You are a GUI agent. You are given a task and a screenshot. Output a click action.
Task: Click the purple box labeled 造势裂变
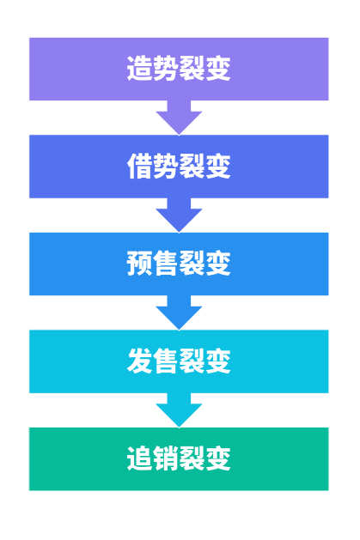179,69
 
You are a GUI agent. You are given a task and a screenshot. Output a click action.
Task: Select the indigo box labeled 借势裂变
179,167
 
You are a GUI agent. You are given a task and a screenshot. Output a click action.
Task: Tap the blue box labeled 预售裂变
179,264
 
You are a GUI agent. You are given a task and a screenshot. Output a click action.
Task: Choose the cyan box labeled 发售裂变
179,361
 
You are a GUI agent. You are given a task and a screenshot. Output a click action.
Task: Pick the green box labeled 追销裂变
179,458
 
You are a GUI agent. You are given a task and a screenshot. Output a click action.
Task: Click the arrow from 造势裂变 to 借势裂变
179,118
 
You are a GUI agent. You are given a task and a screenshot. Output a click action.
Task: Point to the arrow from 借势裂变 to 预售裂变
179,215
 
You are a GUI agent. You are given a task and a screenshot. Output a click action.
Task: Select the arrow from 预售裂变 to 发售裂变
179,312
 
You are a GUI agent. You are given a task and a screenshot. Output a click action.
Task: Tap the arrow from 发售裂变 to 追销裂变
179,410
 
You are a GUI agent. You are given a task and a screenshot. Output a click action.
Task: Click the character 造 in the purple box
139,69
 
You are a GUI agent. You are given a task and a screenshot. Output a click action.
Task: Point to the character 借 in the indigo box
139,166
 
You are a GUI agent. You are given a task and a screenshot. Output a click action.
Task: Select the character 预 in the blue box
139,264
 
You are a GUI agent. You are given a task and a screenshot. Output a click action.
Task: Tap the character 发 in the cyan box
139,361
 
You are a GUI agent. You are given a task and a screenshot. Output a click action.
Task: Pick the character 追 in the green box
139,458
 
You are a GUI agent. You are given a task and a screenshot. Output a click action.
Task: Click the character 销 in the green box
166,458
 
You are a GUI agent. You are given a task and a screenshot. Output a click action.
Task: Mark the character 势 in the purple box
166,69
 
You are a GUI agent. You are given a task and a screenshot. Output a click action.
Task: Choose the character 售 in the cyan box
166,361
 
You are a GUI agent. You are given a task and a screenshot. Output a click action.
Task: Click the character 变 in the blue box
218,264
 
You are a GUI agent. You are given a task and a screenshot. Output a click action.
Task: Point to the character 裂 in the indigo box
192,166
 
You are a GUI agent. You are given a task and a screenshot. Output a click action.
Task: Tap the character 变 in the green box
218,458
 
